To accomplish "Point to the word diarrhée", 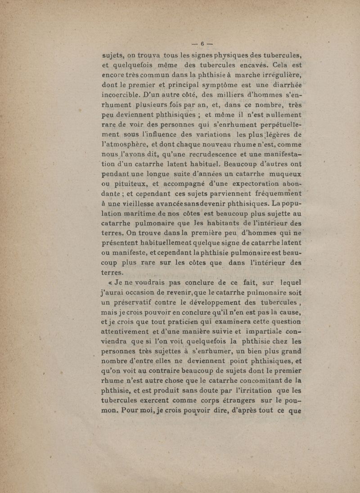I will coord(281,86).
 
